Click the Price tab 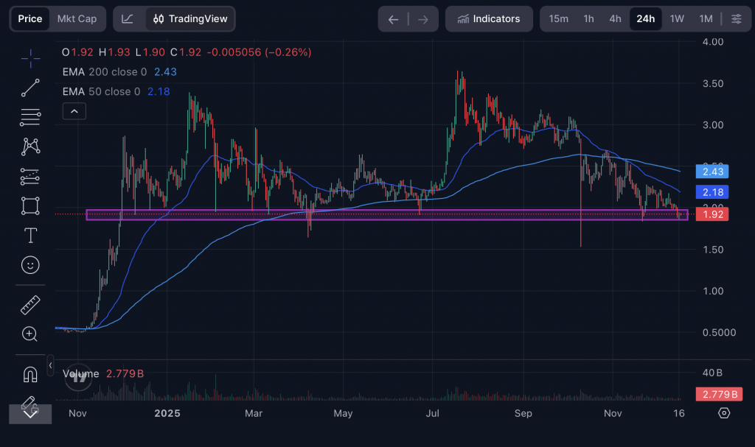(x=30, y=19)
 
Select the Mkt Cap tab (x=77, y=19)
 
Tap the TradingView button (x=190, y=19)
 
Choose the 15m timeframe (x=558, y=19)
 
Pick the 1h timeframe (x=588, y=19)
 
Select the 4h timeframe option (x=615, y=19)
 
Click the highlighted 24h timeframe (x=645, y=19)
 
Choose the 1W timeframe (x=677, y=19)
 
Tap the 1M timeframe (x=706, y=19)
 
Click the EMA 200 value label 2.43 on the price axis (x=711, y=172)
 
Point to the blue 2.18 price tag (x=711, y=192)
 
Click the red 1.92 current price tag (x=711, y=214)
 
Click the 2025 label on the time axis (x=167, y=413)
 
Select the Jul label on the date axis (x=434, y=413)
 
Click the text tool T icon (x=30, y=236)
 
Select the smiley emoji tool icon (x=30, y=264)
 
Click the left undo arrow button (x=393, y=19)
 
